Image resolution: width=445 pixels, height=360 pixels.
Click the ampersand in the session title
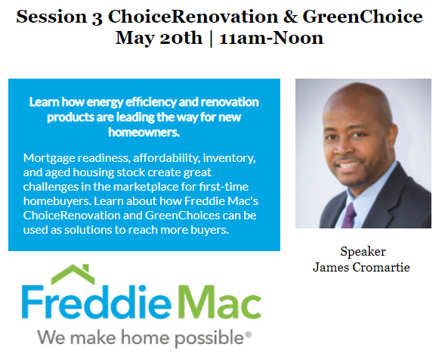point(291,17)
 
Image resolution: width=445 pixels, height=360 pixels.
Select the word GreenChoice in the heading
point(363,17)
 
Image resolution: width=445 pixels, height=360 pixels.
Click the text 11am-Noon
point(271,38)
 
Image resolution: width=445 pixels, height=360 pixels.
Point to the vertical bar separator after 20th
point(211,39)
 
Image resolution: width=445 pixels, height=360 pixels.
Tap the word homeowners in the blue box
point(144,132)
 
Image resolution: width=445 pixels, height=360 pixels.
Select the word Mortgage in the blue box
point(50,159)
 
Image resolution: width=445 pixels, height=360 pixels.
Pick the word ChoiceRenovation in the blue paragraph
point(71,215)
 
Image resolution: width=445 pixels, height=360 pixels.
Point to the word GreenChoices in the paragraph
point(183,215)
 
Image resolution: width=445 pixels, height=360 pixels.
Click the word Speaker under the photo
point(363,252)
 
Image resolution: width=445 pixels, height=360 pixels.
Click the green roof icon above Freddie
point(73,275)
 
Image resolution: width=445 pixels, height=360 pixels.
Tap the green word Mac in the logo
point(219,303)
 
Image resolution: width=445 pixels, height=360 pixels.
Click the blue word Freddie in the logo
point(97,302)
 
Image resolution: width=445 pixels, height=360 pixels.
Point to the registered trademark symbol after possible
point(249,334)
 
